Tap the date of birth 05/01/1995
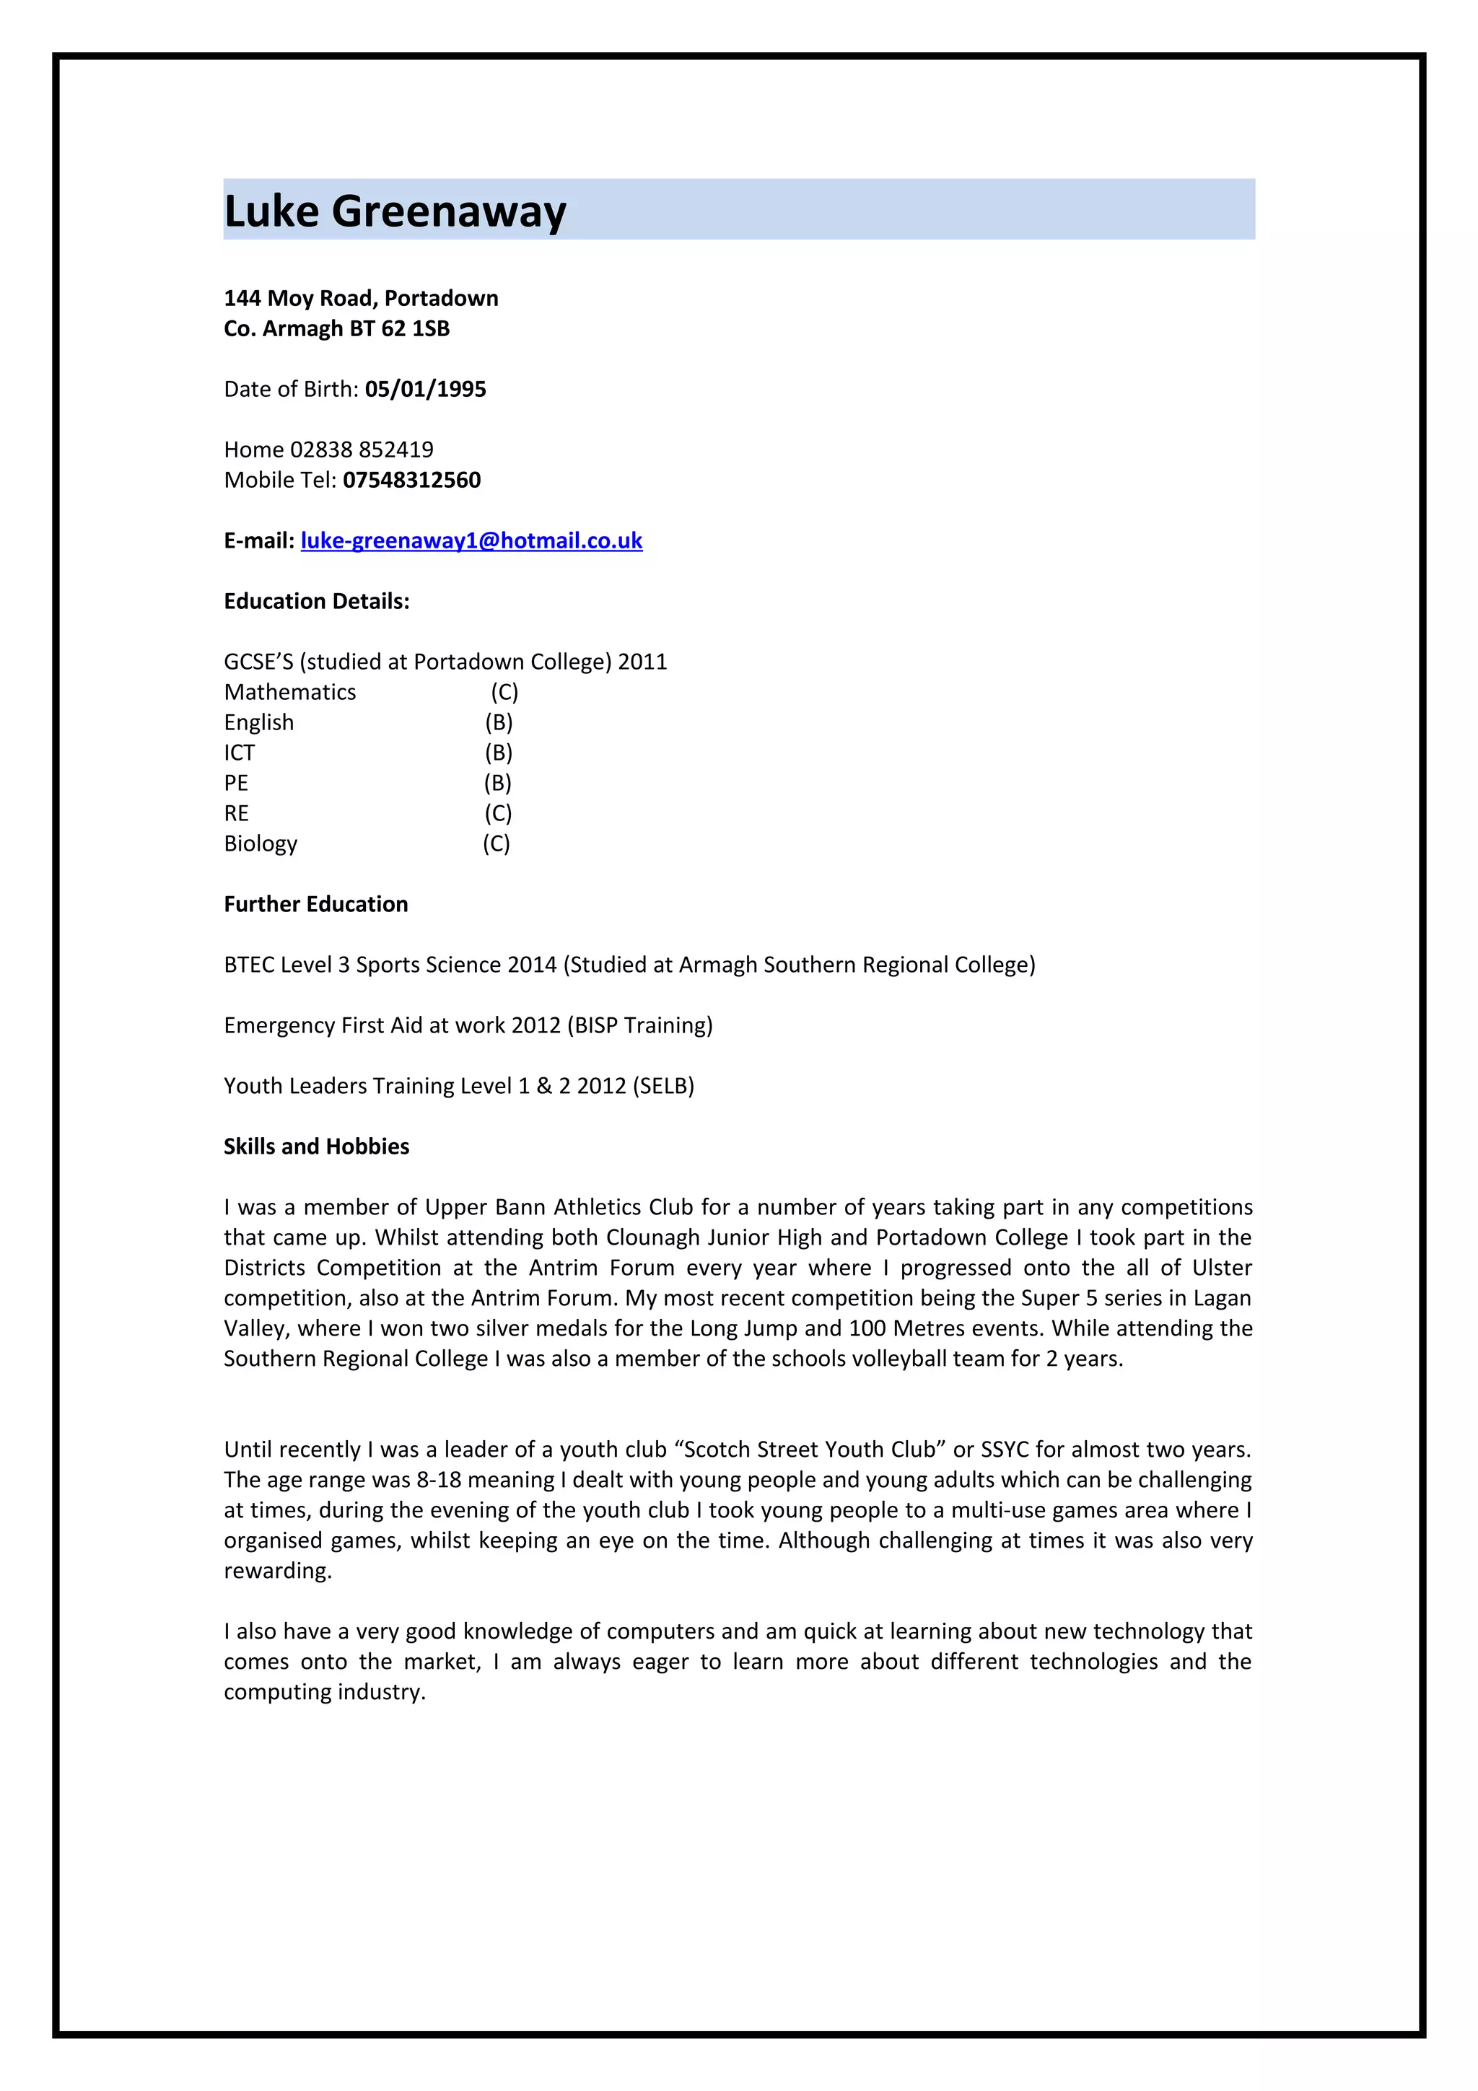[425, 390]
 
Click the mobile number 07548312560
[411, 480]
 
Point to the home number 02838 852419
[362, 450]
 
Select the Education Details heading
[316, 601]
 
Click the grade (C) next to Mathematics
[504, 692]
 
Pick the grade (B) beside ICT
[498, 753]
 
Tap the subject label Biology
[261, 844]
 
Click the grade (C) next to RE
[497, 813]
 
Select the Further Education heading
[315, 904]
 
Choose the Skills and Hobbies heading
[316, 1147]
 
